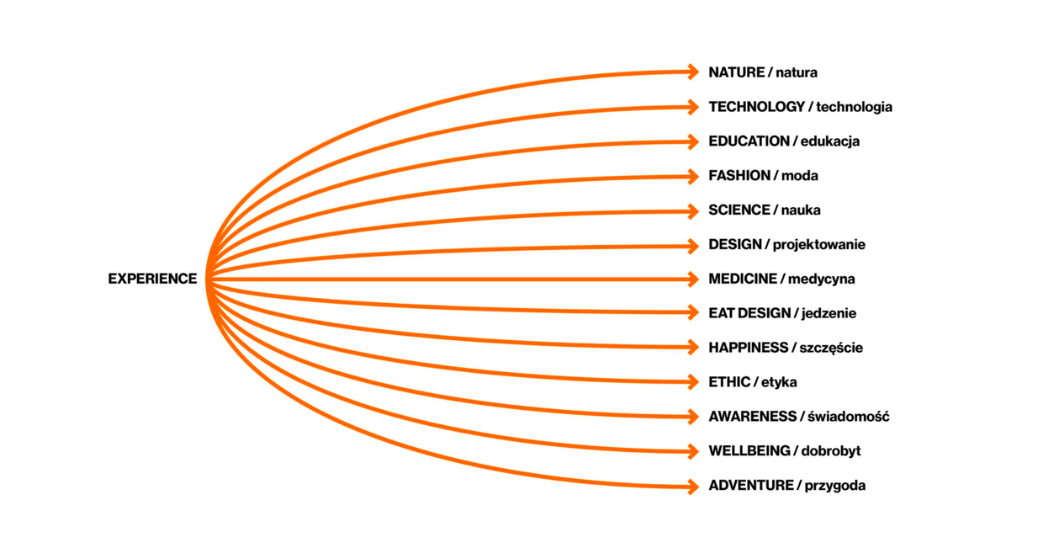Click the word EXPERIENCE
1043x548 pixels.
(152, 279)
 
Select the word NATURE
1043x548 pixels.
(736, 72)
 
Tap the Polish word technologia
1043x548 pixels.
(854, 107)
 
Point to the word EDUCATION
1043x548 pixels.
(749, 141)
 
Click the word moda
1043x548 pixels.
(799, 176)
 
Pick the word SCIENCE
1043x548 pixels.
(739, 210)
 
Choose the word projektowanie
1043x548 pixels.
(818, 245)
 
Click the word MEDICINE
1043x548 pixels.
(743, 279)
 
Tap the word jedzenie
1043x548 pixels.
(829, 313)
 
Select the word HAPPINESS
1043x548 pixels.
(748, 348)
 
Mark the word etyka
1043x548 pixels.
(779, 382)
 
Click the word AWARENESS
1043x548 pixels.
(752, 417)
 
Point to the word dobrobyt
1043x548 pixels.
(831, 451)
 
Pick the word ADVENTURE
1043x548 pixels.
(750, 486)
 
